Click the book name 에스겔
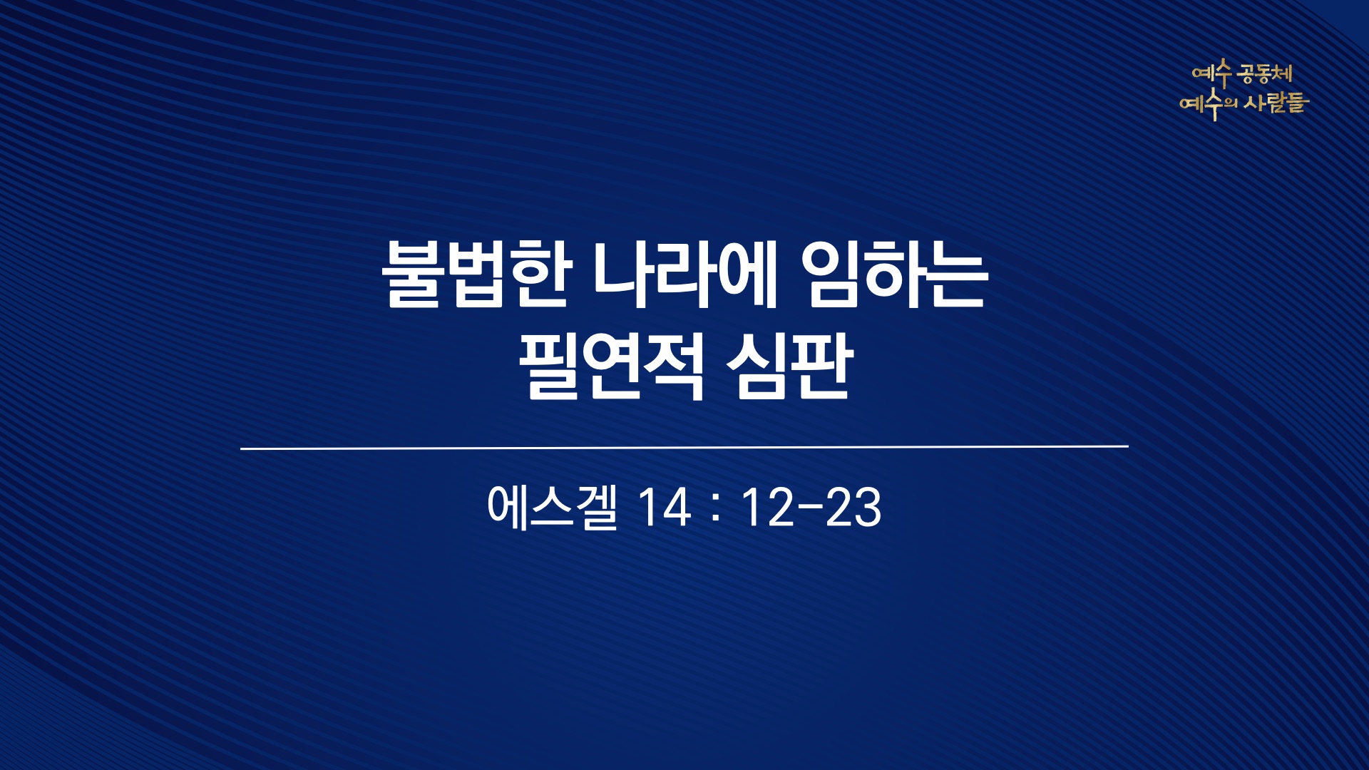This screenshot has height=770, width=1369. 552,508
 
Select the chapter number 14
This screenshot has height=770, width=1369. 665,508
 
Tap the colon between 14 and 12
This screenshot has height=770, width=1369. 716,510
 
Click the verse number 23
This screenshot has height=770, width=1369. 853,508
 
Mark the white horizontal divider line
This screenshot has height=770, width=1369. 684,448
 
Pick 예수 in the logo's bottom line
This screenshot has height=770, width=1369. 1201,106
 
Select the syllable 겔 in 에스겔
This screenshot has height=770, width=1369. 596,508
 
